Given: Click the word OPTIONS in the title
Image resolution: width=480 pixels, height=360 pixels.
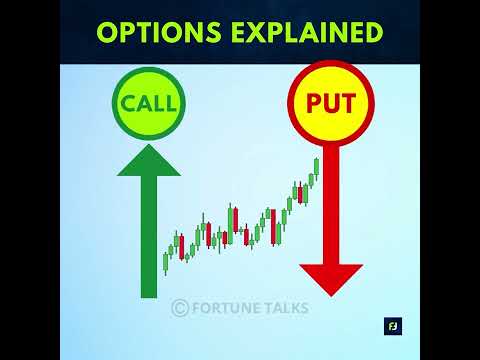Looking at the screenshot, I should click(159, 32).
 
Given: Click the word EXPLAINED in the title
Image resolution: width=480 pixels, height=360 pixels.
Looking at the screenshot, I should click(305, 32).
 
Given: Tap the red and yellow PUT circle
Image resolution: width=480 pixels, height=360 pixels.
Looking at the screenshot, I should click(329, 104).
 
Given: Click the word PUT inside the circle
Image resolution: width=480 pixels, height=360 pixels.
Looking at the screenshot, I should click(329, 104).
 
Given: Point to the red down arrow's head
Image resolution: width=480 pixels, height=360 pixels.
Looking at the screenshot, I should click(330, 278).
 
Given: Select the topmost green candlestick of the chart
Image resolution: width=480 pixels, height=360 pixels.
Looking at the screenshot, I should click(316, 165).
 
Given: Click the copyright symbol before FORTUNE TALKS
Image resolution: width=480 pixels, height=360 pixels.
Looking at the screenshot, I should click(180, 308).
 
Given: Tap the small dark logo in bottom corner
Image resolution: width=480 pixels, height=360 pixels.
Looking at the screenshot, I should click(392, 326).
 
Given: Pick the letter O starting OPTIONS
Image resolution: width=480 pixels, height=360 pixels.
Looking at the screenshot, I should click(107, 32).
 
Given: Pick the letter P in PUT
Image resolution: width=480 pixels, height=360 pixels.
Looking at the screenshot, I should click(312, 104).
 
